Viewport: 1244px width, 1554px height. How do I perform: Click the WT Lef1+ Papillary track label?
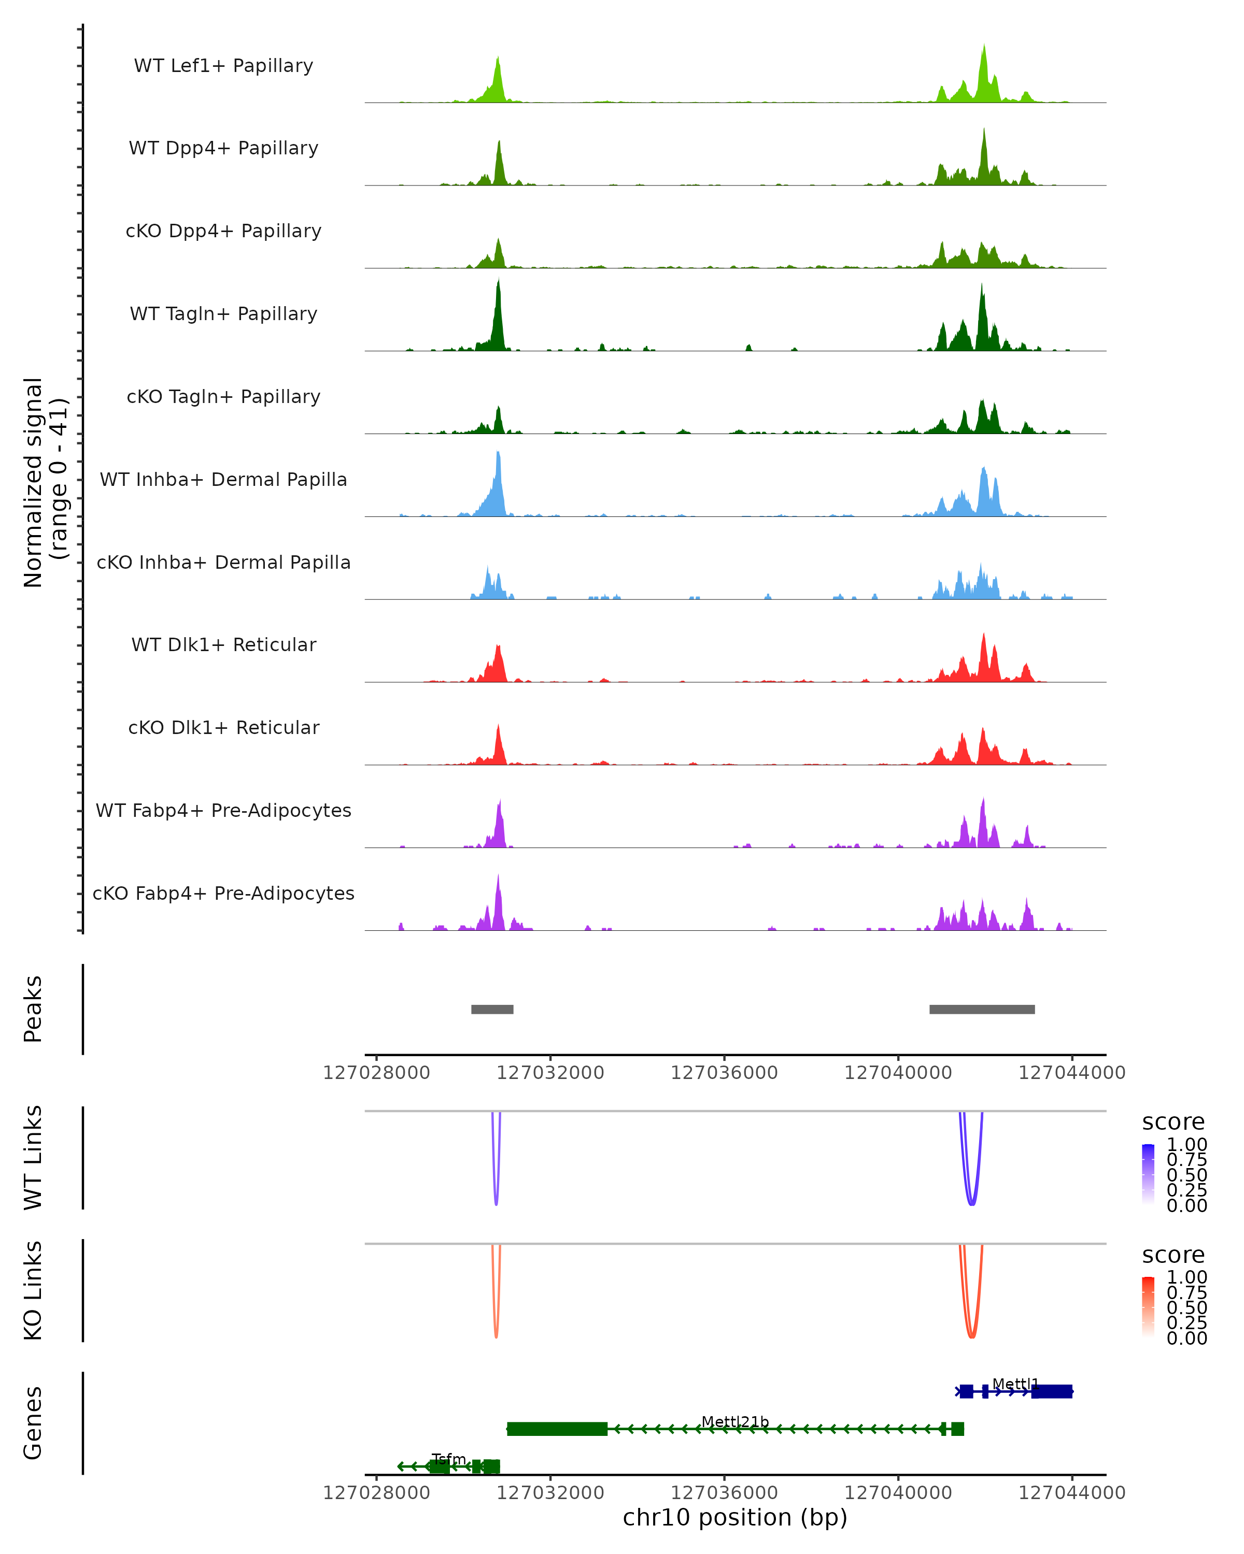[x=223, y=66]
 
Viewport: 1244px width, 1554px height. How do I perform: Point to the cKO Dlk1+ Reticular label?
[x=223, y=727]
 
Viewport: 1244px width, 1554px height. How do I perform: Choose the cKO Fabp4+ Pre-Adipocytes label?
[x=223, y=893]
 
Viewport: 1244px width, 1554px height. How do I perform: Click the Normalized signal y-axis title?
[x=45, y=482]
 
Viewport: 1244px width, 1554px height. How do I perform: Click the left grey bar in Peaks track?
[x=492, y=1009]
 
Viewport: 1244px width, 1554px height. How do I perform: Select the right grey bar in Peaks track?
[x=982, y=1009]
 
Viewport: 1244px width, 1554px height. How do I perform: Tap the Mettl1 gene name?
[x=1015, y=1384]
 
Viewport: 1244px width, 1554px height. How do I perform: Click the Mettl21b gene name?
[x=735, y=1421]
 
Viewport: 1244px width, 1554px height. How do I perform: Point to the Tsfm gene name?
[x=448, y=1459]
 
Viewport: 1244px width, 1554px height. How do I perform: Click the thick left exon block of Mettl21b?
[x=557, y=1429]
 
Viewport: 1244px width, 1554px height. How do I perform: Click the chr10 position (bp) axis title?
[x=735, y=1517]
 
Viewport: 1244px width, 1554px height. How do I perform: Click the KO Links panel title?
[x=33, y=1290]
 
